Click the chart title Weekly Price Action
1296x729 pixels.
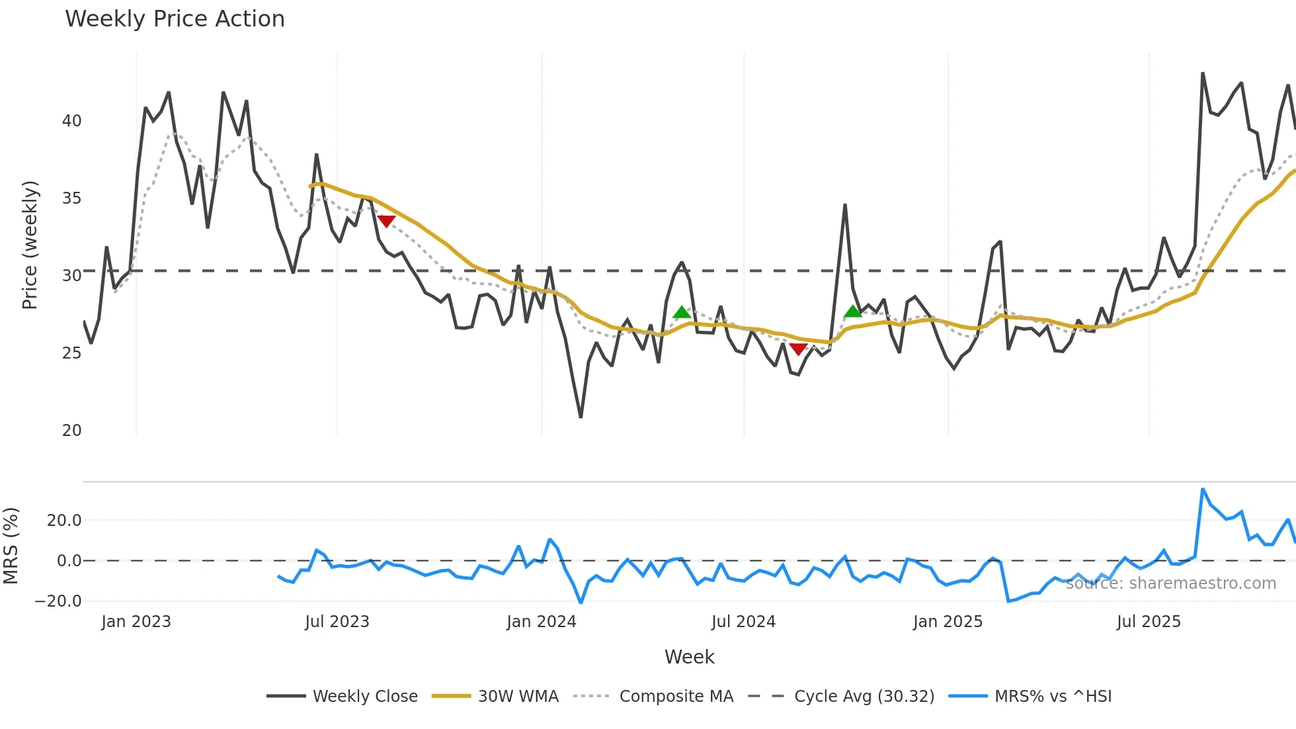pyautogui.click(x=175, y=19)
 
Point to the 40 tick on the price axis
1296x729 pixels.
pyautogui.click(x=71, y=121)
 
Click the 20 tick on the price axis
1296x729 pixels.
pyautogui.click(x=71, y=431)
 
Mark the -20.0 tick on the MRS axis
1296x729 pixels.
pyautogui.click(x=58, y=601)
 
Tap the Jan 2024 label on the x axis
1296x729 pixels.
pyautogui.click(x=541, y=622)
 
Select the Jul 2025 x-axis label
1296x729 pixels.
pyautogui.click(x=1149, y=622)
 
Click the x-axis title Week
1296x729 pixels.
pyautogui.click(x=689, y=657)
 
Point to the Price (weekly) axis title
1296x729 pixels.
pyautogui.click(x=30, y=245)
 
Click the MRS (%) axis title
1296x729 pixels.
pyautogui.click(x=11, y=546)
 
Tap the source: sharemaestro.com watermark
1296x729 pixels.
pyautogui.click(x=1170, y=583)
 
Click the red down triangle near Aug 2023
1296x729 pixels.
pyautogui.click(x=386, y=221)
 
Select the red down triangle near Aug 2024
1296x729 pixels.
pyautogui.click(x=798, y=349)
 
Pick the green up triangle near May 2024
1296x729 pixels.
pyautogui.click(x=682, y=312)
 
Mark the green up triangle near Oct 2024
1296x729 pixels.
pyautogui.click(x=853, y=312)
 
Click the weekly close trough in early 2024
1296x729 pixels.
pyautogui.click(x=581, y=417)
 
